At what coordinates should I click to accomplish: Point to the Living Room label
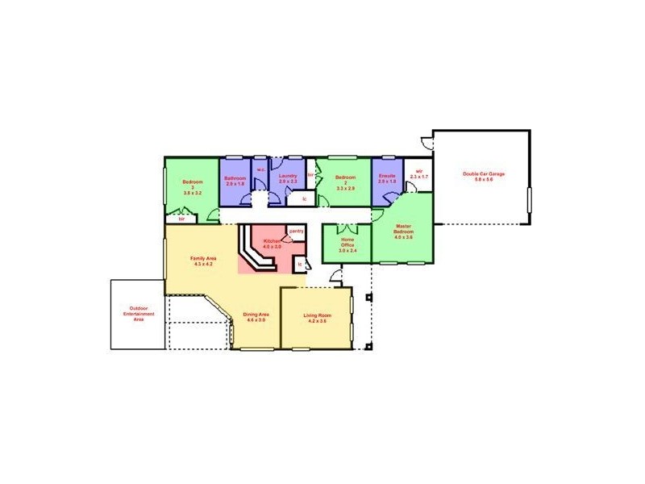(x=316, y=317)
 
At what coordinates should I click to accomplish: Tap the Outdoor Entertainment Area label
(x=138, y=314)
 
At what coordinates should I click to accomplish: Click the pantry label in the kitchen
(x=296, y=231)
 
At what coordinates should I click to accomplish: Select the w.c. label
(x=260, y=169)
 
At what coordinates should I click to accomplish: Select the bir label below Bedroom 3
(x=181, y=218)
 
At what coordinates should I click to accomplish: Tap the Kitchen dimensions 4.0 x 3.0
(x=273, y=246)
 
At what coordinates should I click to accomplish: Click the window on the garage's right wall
(x=530, y=198)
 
